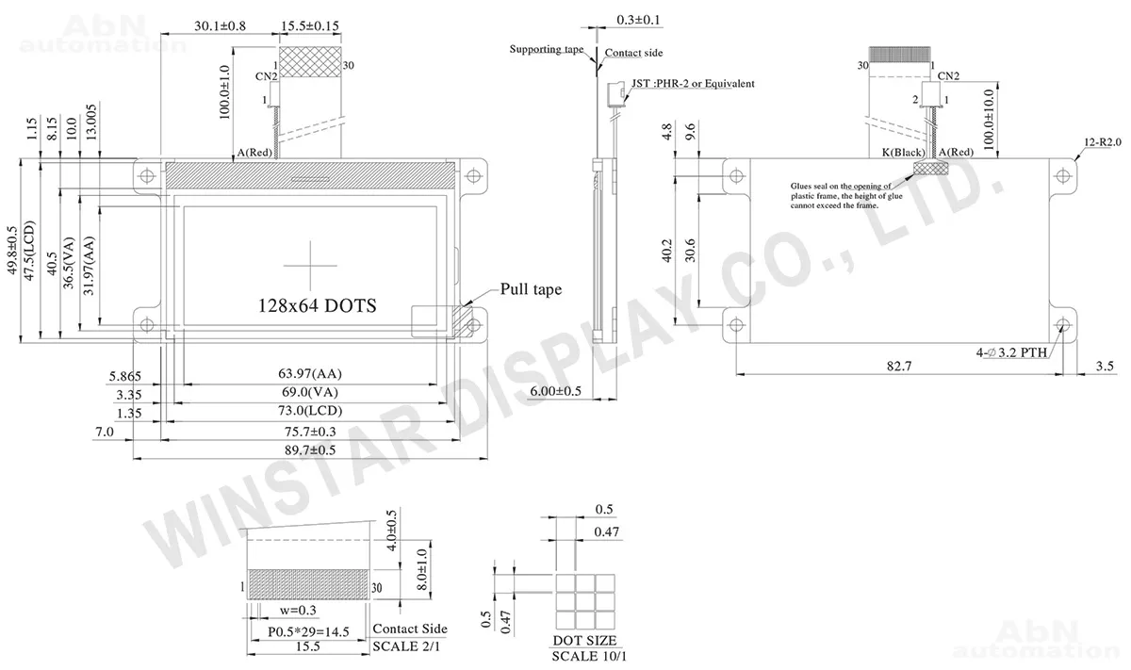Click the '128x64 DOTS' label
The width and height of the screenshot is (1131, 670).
coord(317,306)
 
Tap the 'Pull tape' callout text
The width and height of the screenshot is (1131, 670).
coord(531,289)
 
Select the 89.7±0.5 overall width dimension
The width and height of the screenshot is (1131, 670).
coord(310,449)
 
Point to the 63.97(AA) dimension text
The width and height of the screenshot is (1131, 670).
coord(310,373)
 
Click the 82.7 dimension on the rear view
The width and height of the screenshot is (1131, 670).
coord(899,366)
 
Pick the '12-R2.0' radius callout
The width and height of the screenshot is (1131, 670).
coord(1103,142)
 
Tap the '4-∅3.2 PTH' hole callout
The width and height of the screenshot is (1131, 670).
coord(1011,352)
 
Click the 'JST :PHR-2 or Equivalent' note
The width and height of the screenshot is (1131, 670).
coord(693,83)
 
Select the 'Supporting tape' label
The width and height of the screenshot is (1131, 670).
coord(547,49)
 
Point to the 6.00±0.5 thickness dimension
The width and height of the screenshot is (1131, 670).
coord(555,391)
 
